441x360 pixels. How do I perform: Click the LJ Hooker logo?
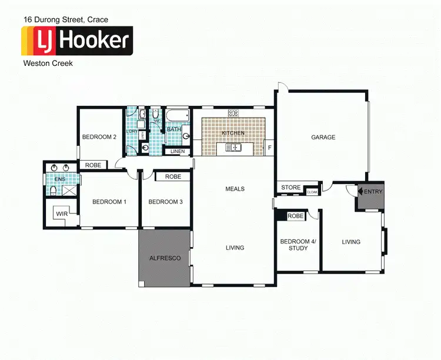tap(77, 41)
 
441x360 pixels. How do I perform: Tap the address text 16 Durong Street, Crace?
tap(65, 19)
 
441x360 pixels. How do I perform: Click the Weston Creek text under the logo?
tap(48, 63)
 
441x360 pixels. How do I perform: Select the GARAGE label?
tap(323, 138)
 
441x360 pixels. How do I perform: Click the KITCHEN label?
tap(233, 134)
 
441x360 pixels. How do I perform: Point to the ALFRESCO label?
tap(165, 258)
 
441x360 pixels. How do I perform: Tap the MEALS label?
tap(235, 189)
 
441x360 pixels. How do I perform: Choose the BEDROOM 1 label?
tap(109, 202)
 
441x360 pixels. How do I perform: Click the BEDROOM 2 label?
tap(99, 137)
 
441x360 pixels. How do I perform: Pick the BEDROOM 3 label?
tap(165, 202)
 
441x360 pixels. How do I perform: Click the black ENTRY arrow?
tap(360, 192)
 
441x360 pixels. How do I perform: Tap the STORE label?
tap(290, 188)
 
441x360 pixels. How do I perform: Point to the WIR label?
tap(62, 215)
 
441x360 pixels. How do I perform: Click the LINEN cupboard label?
tap(178, 152)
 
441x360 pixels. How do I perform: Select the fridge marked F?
tap(269, 147)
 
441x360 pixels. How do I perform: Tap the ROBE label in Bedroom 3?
tap(172, 176)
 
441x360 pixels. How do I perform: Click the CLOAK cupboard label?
tap(312, 192)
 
